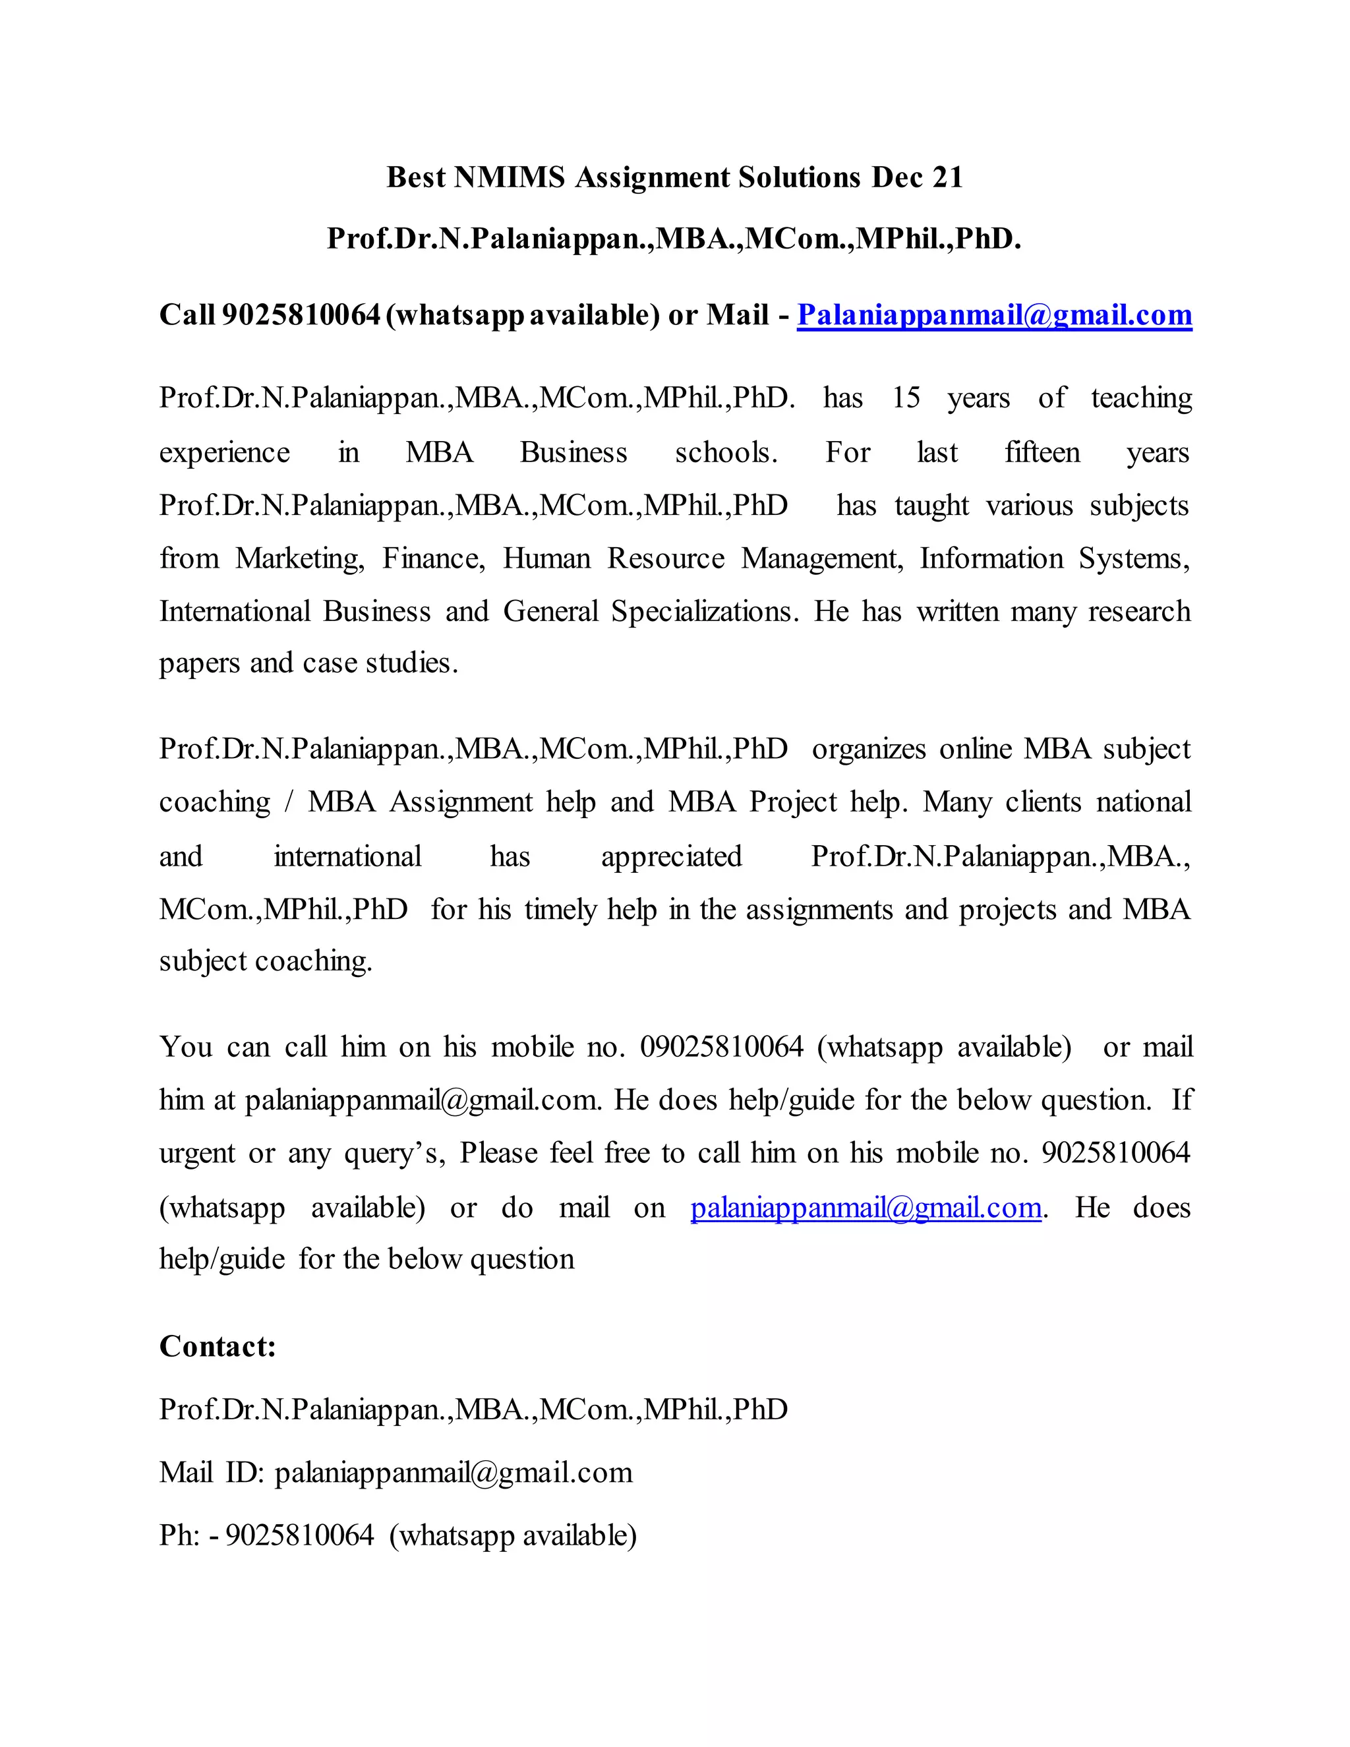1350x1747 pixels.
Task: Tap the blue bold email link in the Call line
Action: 994,315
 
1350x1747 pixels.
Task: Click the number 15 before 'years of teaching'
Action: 906,398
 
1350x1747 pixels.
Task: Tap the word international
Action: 347,856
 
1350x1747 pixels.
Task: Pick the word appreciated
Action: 671,856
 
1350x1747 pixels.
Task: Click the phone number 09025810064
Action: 721,1046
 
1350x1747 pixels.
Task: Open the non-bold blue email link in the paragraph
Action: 866,1206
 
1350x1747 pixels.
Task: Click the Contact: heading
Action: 218,1346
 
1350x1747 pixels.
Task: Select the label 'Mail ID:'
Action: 211,1472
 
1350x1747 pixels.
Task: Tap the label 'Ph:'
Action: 179,1534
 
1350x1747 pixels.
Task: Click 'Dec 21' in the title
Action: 918,177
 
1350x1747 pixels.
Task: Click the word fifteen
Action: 1042,452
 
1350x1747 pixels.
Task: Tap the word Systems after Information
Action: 1134,558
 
